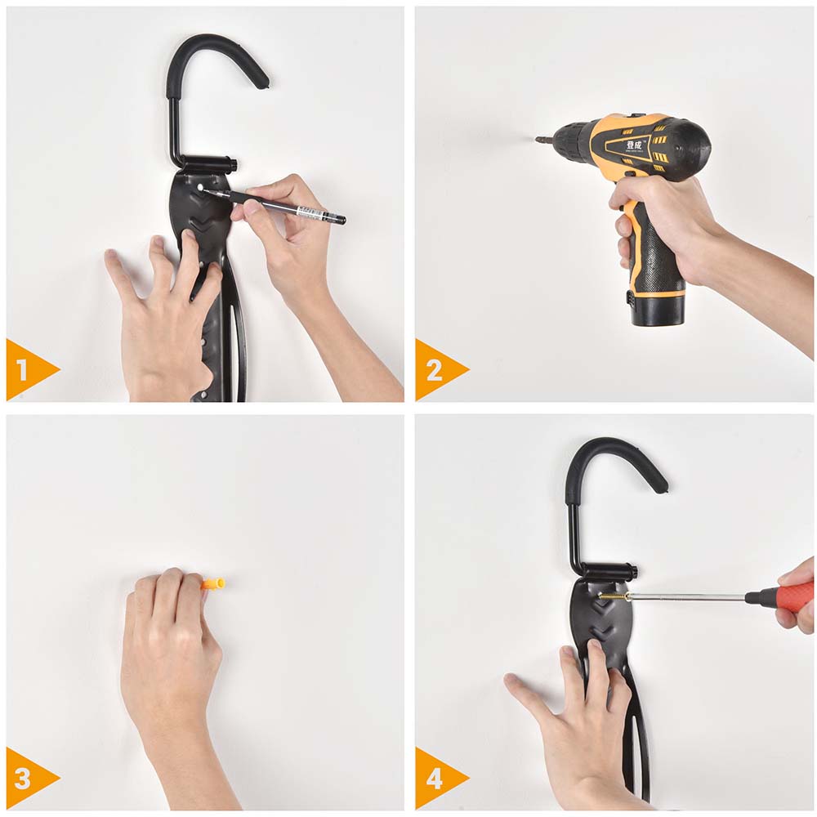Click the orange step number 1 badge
(25, 370)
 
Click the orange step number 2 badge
(434, 370)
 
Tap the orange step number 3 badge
(25, 778)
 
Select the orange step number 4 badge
(434, 778)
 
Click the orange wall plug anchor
(213, 584)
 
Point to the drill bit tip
(539, 141)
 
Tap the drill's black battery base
(658, 309)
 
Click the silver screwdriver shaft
(686, 597)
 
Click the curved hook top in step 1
(217, 53)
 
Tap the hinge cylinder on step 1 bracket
(209, 163)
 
